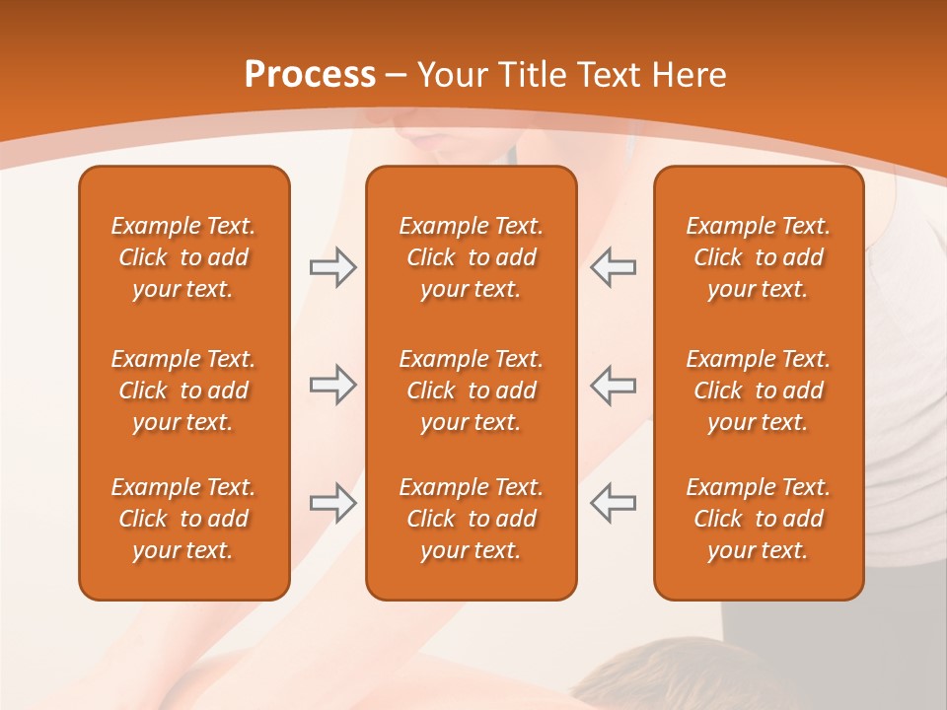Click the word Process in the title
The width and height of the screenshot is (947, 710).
[x=310, y=75]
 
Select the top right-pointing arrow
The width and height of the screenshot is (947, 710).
[x=332, y=267]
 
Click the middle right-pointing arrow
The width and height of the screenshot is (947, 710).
[x=332, y=385]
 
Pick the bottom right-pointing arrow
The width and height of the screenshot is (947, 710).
[x=332, y=503]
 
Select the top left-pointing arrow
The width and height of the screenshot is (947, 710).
[x=613, y=267]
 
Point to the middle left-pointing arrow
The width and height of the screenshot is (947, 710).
[x=613, y=385]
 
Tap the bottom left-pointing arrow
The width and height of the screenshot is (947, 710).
[x=613, y=503]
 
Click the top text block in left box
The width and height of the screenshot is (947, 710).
[x=183, y=257]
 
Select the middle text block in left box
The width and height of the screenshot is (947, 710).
[x=183, y=390]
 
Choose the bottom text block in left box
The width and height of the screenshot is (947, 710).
[x=183, y=519]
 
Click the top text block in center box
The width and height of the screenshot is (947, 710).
[x=471, y=257]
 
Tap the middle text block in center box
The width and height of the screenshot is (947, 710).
[x=471, y=390]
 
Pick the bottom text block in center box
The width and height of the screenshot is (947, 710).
[x=471, y=519]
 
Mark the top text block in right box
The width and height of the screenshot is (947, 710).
[x=758, y=257]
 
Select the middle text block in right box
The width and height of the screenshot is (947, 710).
[x=758, y=390]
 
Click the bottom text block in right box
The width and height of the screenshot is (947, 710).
[x=758, y=519]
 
